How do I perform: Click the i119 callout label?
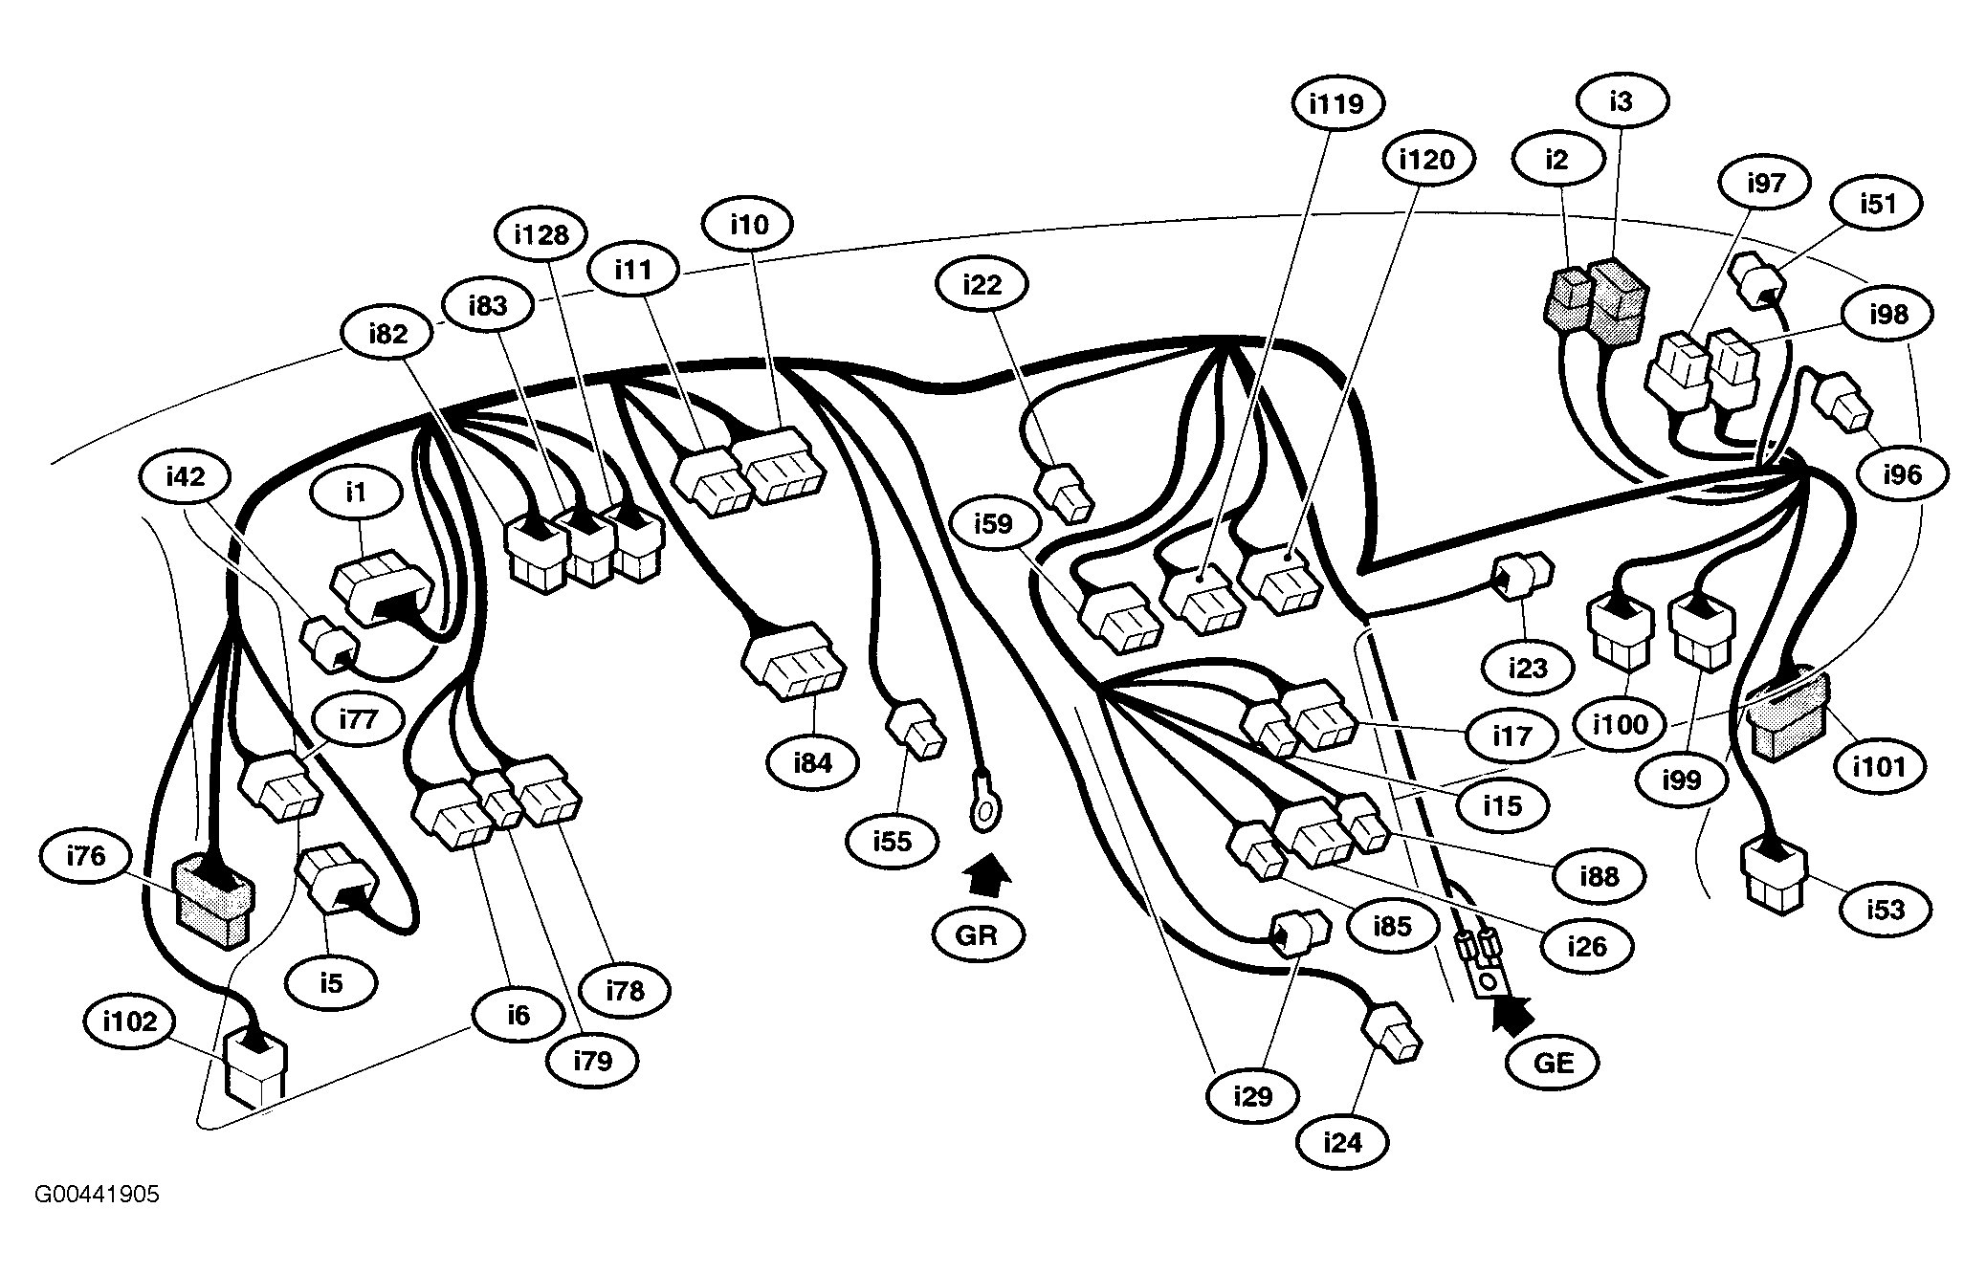[1335, 102]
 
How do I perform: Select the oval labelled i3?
[1621, 99]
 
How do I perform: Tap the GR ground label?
[977, 934]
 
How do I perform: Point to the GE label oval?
[1553, 1062]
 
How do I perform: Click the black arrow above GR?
[984, 875]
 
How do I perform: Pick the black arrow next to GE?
[1512, 1015]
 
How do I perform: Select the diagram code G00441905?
[98, 1194]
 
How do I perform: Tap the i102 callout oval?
[129, 1021]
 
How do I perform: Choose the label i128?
[541, 234]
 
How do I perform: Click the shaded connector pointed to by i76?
[213, 899]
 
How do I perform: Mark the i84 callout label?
[812, 762]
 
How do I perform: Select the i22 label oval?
[982, 284]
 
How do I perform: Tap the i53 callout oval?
[1885, 909]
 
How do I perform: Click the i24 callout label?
[1342, 1141]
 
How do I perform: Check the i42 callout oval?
[186, 475]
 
